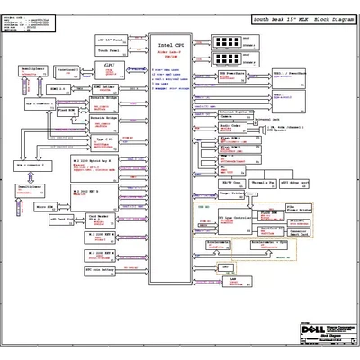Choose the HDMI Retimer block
pos(103,88)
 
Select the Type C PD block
pos(100,142)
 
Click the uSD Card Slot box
pos(60,220)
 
